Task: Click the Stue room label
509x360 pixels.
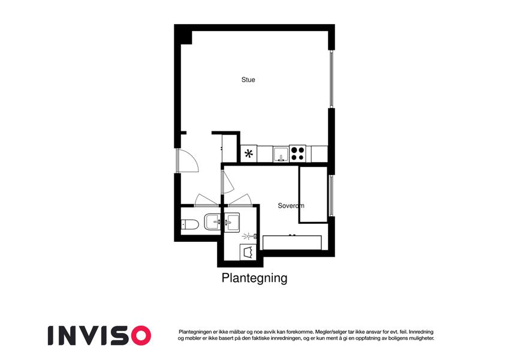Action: point(248,80)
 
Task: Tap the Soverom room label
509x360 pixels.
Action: point(291,206)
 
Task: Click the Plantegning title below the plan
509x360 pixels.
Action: point(254,278)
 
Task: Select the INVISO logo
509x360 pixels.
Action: point(100,335)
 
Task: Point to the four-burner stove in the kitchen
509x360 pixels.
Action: point(298,154)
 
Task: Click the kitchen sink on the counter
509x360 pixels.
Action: point(281,154)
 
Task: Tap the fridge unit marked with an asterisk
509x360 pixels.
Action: point(249,154)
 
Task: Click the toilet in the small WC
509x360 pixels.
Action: point(190,224)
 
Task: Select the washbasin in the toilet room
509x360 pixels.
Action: point(212,221)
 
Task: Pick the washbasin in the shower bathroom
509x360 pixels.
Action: point(231,221)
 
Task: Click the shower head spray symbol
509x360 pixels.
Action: point(249,236)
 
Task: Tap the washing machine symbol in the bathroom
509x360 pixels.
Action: point(248,252)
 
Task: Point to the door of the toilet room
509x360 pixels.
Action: point(206,200)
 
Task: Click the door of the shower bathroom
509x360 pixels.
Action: point(240,200)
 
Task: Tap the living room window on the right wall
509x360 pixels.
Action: point(332,79)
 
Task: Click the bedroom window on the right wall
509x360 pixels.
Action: point(332,196)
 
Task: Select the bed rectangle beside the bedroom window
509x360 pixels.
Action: point(313,194)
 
